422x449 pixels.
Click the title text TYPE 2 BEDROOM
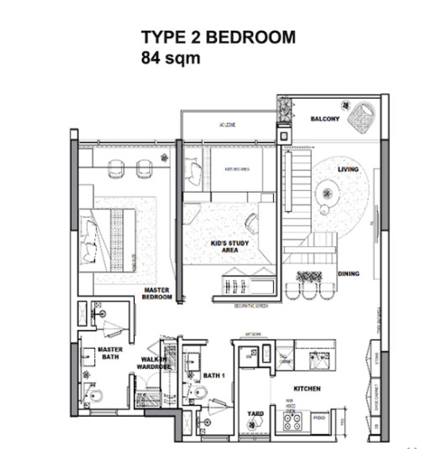click(218, 37)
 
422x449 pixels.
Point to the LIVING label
click(348, 170)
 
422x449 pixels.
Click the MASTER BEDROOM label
click(157, 293)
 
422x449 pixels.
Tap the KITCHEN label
click(307, 389)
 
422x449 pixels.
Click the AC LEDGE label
click(227, 124)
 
